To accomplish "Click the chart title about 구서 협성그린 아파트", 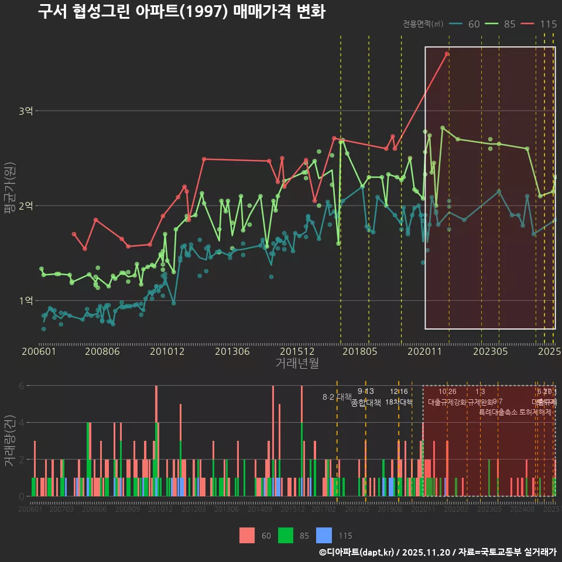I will [x=181, y=12].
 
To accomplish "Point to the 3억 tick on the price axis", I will [x=26, y=111].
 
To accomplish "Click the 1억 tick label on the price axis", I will [x=26, y=300].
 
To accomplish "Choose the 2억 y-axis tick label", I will [x=26, y=205].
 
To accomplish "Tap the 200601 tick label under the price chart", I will [x=39, y=352].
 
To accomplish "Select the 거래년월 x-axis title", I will [x=297, y=364].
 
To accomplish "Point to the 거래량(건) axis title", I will [x=9, y=440].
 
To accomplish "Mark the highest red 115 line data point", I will [x=447, y=54].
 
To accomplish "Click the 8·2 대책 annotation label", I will [x=337, y=397].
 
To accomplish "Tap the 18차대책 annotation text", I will [x=399, y=402].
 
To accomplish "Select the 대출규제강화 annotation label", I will [x=447, y=402].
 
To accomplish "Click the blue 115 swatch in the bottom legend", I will [x=324, y=535].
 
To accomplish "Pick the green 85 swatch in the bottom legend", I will [x=286, y=535].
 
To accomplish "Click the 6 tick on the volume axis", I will [x=22, y=386].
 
